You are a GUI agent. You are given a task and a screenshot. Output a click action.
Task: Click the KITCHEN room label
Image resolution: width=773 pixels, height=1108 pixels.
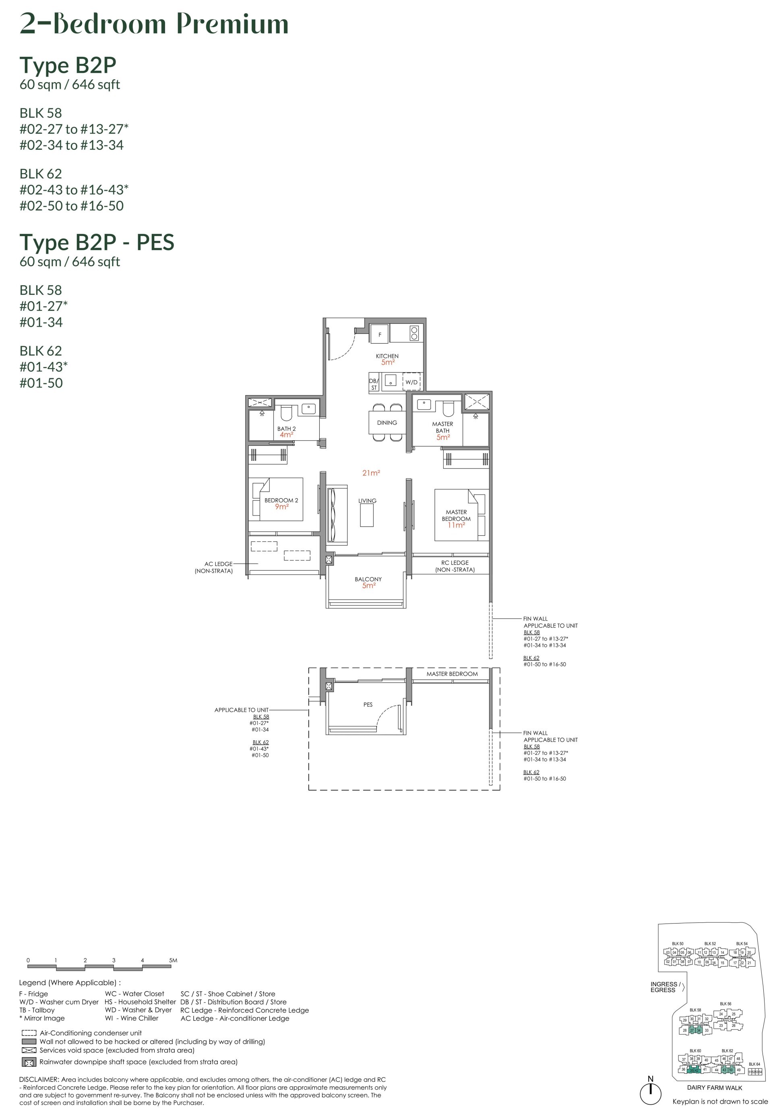387,356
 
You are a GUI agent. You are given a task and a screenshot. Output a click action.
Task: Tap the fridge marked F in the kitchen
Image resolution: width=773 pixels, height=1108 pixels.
380,334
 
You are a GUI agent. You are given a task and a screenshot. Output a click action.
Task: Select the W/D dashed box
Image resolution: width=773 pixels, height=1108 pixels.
411,382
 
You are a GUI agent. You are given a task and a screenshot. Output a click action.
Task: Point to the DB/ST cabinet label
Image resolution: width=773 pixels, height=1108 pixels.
374,384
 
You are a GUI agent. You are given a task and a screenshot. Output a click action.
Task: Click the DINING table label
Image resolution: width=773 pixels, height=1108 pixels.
387,422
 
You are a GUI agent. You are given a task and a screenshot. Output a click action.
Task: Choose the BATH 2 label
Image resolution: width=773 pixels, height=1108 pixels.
286,429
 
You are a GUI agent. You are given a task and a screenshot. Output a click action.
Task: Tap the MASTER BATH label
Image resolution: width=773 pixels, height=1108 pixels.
442,427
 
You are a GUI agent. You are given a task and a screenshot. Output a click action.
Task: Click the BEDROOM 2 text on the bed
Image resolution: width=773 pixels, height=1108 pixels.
281,500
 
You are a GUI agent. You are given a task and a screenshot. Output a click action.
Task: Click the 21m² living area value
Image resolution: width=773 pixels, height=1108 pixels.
371,473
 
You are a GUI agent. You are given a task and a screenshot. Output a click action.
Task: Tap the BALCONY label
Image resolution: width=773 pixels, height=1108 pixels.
368,579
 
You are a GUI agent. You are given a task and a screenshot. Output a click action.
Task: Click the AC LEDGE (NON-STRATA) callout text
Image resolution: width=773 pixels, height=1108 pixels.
214,567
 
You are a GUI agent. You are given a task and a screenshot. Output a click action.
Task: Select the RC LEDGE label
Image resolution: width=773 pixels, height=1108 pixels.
455,563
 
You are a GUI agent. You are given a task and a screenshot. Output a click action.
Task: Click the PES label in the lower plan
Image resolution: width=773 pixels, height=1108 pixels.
368,704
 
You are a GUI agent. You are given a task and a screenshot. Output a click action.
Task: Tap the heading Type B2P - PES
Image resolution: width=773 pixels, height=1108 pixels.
97,242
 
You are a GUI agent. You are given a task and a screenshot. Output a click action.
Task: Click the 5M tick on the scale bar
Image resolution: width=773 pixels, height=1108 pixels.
173,960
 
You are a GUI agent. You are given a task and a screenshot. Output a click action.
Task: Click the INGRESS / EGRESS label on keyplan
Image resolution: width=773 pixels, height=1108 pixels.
665,987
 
